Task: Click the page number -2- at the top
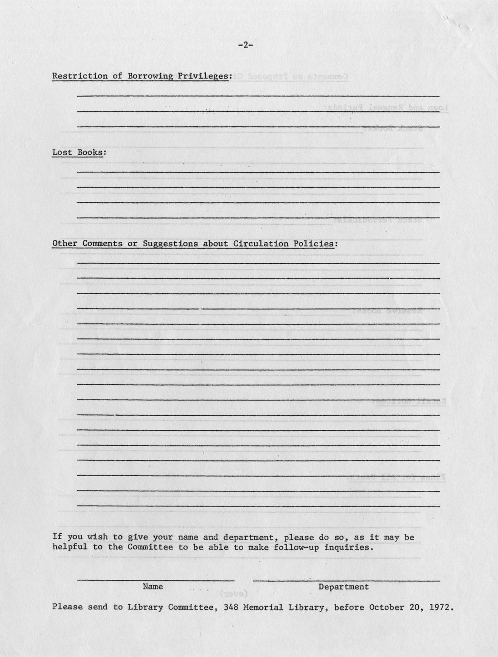[x=245, y=45]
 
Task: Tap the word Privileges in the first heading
[x=205, y=76]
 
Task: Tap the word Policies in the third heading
[x=314, y=244]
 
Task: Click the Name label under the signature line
[x=153, y=587]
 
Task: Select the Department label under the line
[x=343, y=587]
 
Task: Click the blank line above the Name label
[x=156, y=580]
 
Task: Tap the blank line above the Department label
[x=346, y=580]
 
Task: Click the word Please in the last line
[x=67, y=607]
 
